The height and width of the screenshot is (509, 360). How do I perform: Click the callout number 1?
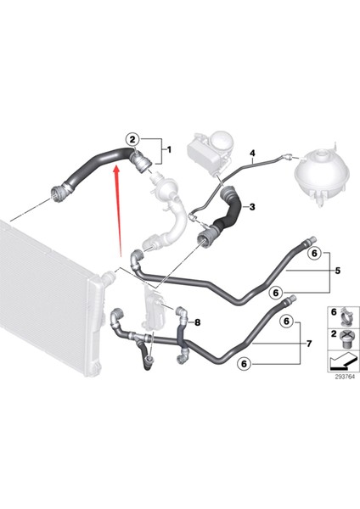pyautogui.click(x=168, y=150)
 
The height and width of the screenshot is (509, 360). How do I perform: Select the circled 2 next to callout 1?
pyautogui.click(x=132, y=138)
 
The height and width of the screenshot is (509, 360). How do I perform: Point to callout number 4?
pyautogui.click(x=252, y=153)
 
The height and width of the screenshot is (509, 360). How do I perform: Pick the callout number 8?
pyautogui.click(x=197, y=322)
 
